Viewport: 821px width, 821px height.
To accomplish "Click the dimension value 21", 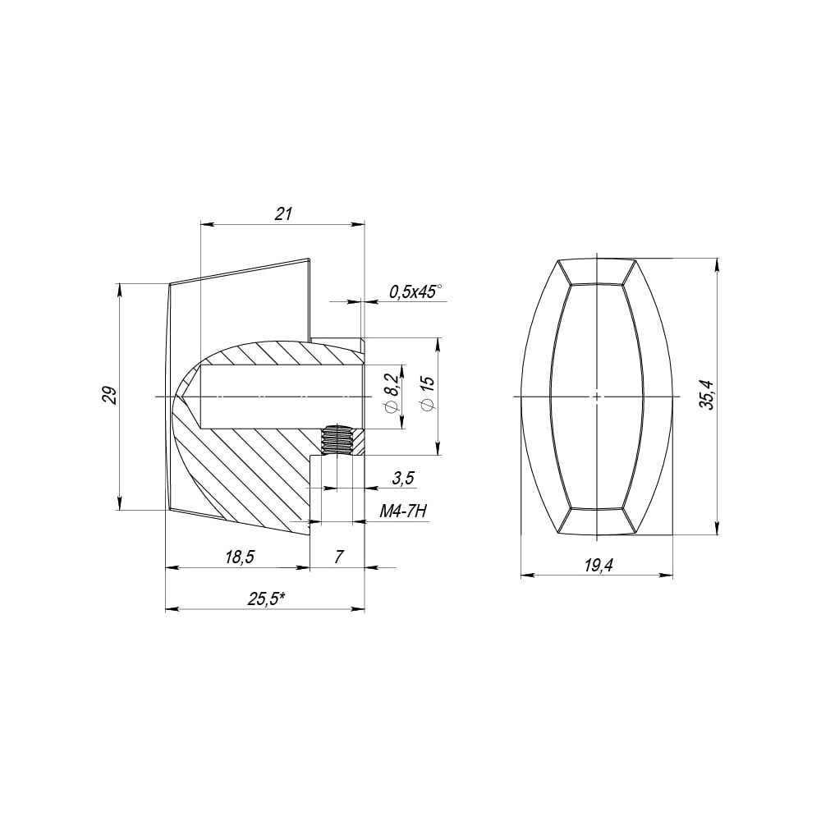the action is coord(282,213).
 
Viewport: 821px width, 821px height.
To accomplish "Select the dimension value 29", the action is coord(109,396).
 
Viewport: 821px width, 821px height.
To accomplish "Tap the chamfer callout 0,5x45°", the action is coord(415,291).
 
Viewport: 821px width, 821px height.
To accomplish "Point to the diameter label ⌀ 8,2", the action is coord(394,394).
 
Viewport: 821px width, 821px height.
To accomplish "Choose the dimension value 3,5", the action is coord(403,478).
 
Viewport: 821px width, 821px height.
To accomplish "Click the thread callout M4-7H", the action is coord(403,511).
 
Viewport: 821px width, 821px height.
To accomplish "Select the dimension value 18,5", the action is coord(239,557).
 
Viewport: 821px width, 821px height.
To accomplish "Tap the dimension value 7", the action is coord(339,557).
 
